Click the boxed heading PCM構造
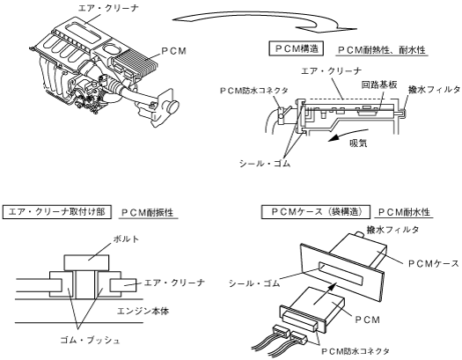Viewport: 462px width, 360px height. pos(296,49)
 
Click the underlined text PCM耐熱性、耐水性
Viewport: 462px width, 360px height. pos(382,50)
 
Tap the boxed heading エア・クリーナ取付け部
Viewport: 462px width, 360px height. pos(57,212)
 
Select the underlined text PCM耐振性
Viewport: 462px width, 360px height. pos(148,212)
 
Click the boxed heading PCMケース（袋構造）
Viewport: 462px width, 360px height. pos(316,212)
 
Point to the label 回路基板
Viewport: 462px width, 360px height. pos(379,84)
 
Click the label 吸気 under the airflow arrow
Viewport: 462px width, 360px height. pos(358,143)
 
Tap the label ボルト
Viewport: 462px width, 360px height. pos(126,239)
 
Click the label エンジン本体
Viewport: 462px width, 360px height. pos(143,311)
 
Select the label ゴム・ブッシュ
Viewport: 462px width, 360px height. pos(90,341)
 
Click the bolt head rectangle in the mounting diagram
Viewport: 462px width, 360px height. pos(86,262)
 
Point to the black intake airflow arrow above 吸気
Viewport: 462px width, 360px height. pos(348,135)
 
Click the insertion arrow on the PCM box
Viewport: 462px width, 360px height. pos(325,293)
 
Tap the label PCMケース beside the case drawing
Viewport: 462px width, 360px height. pos(434,263)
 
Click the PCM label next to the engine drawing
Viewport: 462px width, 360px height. pos(174,51)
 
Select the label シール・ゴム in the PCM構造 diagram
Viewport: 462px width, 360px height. pos(265,163)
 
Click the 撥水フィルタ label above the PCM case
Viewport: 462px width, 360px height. pos(392,230)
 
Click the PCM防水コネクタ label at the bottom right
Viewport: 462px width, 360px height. pos(355,351)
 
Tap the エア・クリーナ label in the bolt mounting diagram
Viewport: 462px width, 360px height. pos(174,283)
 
